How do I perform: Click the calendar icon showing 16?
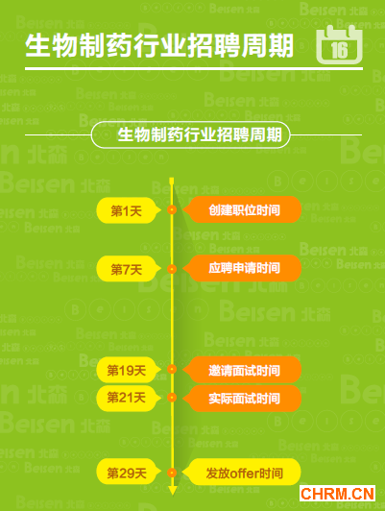[339, 44]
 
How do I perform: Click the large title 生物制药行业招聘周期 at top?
[159, 46]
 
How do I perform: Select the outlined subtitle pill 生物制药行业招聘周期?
[190, 134]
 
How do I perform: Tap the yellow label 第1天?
[129, 210]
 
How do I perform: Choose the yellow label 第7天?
[129, 269]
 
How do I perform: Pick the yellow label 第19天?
[129, 370]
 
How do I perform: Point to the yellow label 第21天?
[129, 398]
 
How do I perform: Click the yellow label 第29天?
[129, 473]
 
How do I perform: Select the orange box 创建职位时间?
[242, 209]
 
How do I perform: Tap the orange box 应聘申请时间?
[242, 268]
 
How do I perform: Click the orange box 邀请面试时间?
[242, 370]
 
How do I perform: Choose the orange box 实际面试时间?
[242, 399]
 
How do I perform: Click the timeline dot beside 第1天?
[172, 209]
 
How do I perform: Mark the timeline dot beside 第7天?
[172, 269]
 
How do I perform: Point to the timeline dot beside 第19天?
[172, 369]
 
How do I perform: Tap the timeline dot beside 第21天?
[172, 398]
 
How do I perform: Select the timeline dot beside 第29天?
[172, 473]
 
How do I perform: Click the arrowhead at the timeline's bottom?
[172, 491]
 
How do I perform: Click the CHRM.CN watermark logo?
[337, 494]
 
